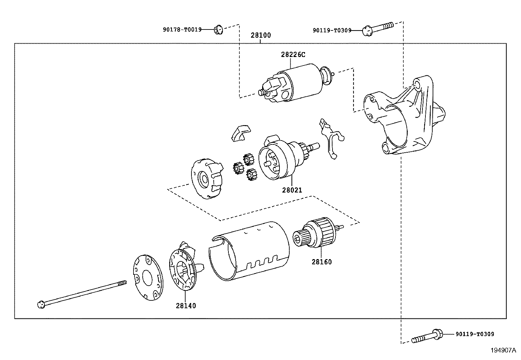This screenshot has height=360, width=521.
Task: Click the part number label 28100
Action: coord(261,35)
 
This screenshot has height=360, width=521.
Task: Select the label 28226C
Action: coord(293,55)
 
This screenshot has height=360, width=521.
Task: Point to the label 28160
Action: coord(321,262)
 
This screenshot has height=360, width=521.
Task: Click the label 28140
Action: coord(186,306)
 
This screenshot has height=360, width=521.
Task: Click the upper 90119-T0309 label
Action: coord(332,30)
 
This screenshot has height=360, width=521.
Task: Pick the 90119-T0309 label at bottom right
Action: coord(475,334)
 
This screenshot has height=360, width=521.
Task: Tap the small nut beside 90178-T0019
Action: coord(217,30)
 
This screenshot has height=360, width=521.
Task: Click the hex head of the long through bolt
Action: coord(41,305)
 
